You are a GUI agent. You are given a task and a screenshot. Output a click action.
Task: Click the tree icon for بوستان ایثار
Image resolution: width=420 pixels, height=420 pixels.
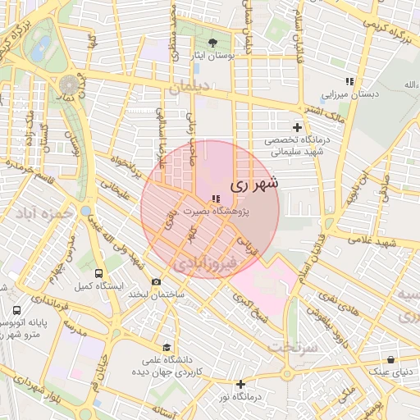coord(214,43)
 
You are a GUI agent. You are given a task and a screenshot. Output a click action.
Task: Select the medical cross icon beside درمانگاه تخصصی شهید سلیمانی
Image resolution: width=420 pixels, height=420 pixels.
coord(297,128)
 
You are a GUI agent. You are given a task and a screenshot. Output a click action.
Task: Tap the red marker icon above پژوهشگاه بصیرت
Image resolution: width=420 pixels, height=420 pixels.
coord(215,199)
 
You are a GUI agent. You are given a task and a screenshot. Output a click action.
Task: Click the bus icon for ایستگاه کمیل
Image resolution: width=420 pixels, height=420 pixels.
coord(99,273)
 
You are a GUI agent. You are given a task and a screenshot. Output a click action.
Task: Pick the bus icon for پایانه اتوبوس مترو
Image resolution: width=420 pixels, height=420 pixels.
coord(17,312)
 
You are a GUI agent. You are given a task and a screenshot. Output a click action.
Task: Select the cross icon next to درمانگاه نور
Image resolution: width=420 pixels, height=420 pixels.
coord(240,384)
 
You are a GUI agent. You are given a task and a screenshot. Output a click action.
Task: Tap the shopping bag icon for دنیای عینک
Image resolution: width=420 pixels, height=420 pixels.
coord(391,359)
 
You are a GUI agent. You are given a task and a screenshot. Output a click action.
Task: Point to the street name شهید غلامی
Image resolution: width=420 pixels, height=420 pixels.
coord(372,242)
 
